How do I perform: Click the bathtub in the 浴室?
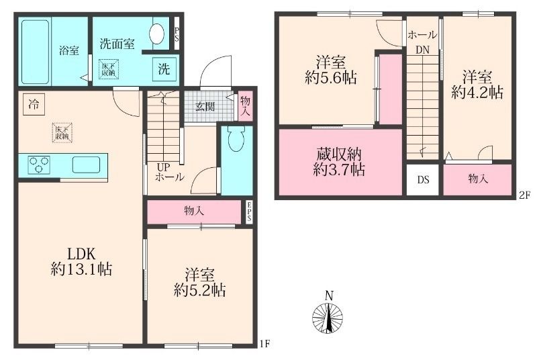(35, 52)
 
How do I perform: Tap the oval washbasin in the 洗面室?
(156, 33)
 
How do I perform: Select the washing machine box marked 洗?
(164, 69)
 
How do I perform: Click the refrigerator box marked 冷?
(34, 104)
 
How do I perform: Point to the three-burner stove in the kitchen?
(39, 165)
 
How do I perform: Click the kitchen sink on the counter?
(86, 165)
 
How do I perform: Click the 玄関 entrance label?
(205, 107)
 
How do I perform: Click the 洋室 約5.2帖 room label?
(199, 283)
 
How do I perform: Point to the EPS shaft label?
(249, 212)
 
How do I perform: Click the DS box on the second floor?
(423, 180)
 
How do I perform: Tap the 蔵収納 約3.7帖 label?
(339, 162)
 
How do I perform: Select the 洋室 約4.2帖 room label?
(477, 85)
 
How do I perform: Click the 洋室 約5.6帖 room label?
(330, 71)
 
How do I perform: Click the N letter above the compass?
(329, 296)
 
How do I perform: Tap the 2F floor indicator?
(524, 195)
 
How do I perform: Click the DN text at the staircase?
(422, 50)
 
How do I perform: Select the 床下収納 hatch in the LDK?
(62, 132)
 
